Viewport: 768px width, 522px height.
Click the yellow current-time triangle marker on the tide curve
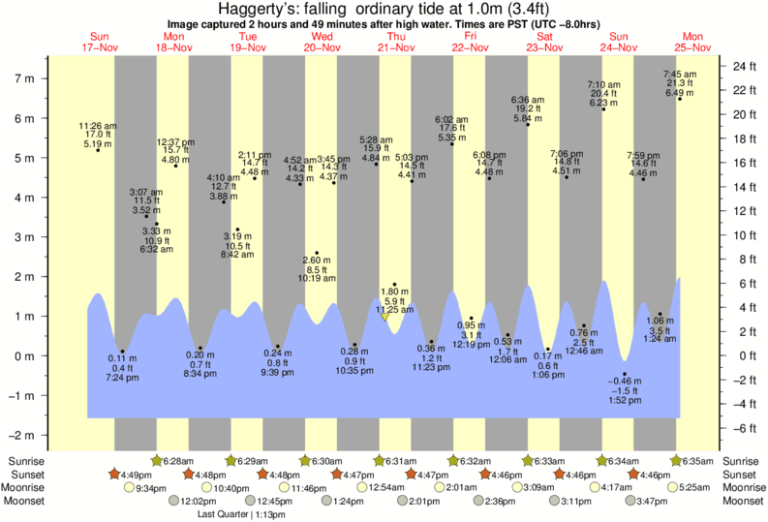[x=385, y=315]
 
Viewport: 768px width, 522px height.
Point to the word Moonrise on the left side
[x=25, y=488]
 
